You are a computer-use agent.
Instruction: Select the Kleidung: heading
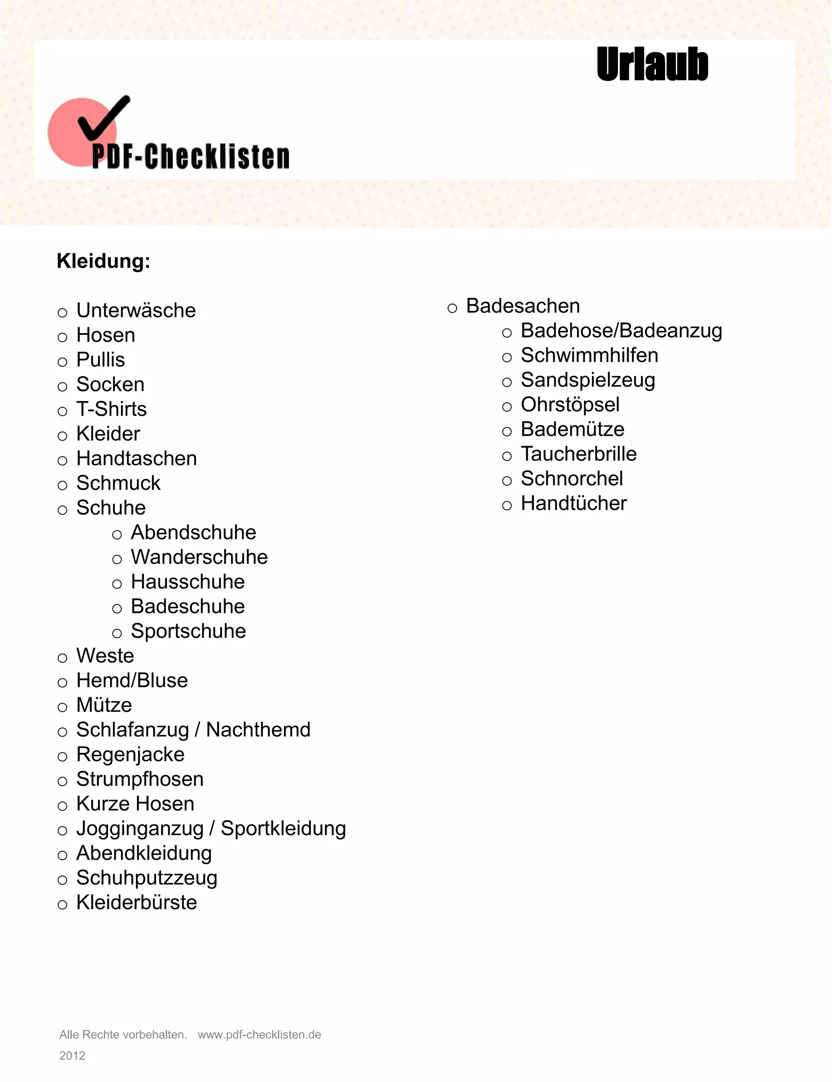pos(104,261)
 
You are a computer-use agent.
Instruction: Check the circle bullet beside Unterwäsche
pos(63,313)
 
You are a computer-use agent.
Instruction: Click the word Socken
pos(110,385)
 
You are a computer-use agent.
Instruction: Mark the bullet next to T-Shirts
pos(63,411)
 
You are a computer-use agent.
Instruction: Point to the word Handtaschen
pos(136,458)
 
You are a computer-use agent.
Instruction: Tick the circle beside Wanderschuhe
pos(117,559)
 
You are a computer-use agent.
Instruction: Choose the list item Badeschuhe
pos(188,606)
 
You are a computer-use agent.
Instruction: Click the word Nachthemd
pos(258,730)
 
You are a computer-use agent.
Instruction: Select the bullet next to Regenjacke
pos(63,756)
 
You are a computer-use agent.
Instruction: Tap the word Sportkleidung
pos(283,828)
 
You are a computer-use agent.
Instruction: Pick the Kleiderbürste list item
pos(136,902)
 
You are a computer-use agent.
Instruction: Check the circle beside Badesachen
pos(452,309)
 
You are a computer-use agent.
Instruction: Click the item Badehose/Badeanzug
pos(622,330)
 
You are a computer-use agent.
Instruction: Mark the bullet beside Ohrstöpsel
pos(507,407)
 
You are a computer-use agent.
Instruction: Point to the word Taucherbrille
pos(578,454)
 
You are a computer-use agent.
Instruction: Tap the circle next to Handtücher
pos(507,505)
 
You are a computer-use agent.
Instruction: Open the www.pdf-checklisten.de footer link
pos(260,1034)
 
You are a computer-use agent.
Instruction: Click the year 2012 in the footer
pos(72,1055)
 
